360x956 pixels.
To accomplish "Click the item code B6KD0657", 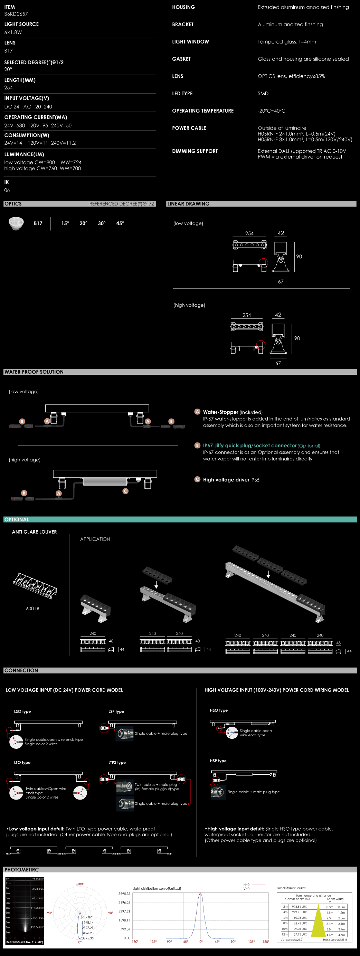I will tap(16, 14).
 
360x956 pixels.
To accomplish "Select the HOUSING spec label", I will tap(183, 7).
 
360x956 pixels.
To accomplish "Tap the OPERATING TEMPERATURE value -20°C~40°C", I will tap(271, 111).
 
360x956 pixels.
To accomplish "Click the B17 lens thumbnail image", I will tap(16, 223).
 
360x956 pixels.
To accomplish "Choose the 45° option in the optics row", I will tap(120, 223).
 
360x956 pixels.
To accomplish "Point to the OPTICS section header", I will tap(13, 204).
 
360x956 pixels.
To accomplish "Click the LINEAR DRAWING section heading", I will tap(188, 204).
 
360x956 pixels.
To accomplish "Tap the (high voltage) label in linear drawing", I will tap(189, 305).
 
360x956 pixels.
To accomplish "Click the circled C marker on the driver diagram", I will tap(125, 491).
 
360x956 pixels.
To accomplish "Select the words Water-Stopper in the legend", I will tap(220, 412).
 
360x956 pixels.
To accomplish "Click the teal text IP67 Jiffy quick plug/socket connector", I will tap(249, 445).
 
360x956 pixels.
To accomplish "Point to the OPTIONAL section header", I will tap(17, 519).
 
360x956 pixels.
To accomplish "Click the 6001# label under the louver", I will tap(33, 609).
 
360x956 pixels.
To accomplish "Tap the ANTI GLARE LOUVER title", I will tap(34, 532).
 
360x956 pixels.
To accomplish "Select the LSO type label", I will tap(22, 711).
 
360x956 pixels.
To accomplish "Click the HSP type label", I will tap(218, 761).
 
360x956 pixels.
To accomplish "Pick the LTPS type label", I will tap(117, 763).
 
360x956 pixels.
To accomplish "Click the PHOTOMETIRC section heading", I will tap(21, 870).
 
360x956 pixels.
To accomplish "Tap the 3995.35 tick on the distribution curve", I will tap(124, 893).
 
